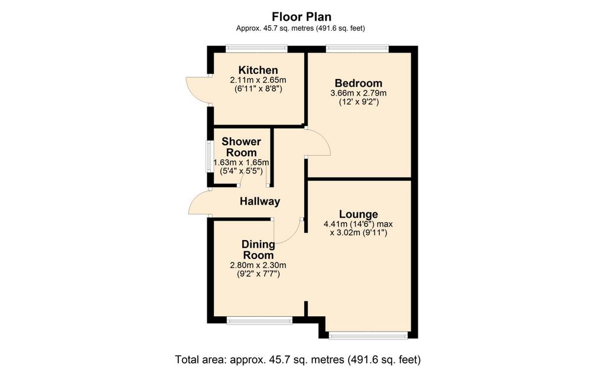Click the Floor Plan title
tap(301, 17)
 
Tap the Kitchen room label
tap(258, 70)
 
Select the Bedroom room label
tap(359, 83)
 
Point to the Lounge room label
tap(359, 214)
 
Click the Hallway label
tap(260, 201)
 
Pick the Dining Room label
tap(258, 250)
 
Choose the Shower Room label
tap(241, 147)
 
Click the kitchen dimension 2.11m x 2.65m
tap(258, 80)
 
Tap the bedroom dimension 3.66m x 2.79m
tap(359, 93)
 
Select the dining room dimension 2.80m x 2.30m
tap(258, 266)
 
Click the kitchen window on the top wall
tap(256, 49)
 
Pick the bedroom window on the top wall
tap(357, 49)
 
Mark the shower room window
tap(210, 156)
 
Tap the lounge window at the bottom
tap(369, 335)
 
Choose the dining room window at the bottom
tap(259, 320)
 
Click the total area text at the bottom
tap(298, 360)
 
